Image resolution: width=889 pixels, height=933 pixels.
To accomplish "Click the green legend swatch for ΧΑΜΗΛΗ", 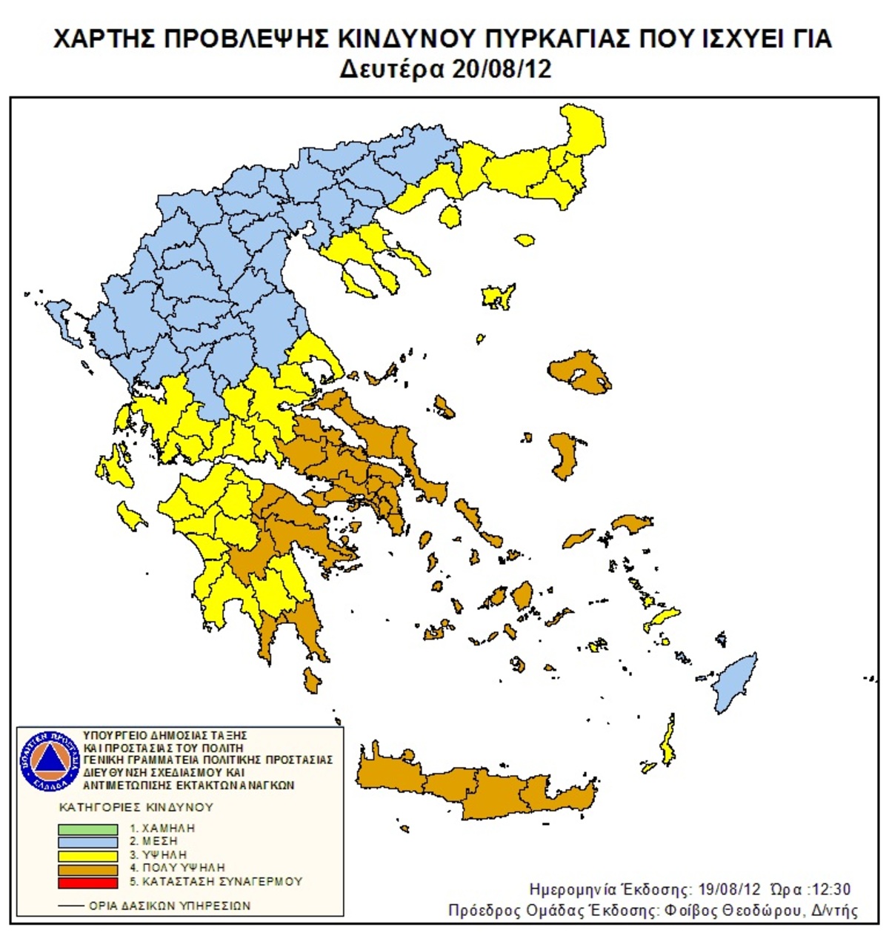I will [x=87, y=829].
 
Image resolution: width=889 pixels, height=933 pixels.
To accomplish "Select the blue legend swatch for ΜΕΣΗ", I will [x=87, y=843].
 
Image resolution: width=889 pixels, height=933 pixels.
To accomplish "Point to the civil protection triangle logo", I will [x=50, y=760].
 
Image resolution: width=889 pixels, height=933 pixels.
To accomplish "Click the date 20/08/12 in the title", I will [x=497, y=69].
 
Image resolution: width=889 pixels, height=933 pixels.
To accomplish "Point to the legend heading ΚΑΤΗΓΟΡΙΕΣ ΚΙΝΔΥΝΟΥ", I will [x=136, y=806].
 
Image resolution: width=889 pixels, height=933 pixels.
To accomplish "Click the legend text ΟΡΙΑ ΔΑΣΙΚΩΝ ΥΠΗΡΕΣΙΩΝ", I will [x=169, y=906].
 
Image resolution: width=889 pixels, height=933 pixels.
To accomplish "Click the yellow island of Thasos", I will [x=449, y=216].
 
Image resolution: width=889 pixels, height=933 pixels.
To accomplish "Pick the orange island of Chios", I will [x=565, y=455].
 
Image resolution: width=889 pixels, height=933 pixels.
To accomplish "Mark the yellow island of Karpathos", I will [x=668, y=743].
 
